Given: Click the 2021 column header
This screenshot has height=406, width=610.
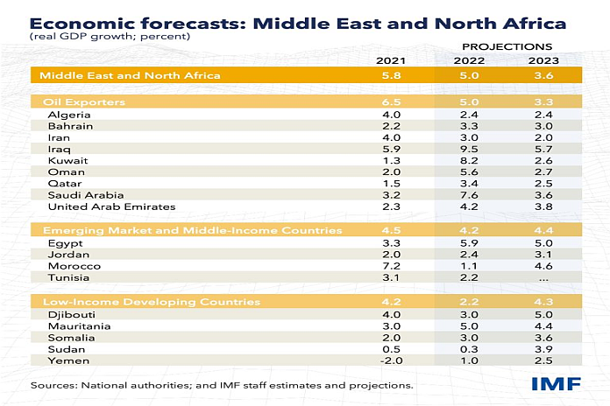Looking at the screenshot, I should (x=391, y=60).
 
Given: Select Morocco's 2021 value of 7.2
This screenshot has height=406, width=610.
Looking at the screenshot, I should (x=391, y=265).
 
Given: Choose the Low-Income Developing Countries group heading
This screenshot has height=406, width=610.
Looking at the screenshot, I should (x=152, y=302).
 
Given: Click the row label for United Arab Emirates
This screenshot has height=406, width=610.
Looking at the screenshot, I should (x=111, y=207).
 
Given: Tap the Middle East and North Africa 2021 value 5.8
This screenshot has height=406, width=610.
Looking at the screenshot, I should (x=391, y=76).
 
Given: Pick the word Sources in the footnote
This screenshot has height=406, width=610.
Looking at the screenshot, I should (x=53, y=385).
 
